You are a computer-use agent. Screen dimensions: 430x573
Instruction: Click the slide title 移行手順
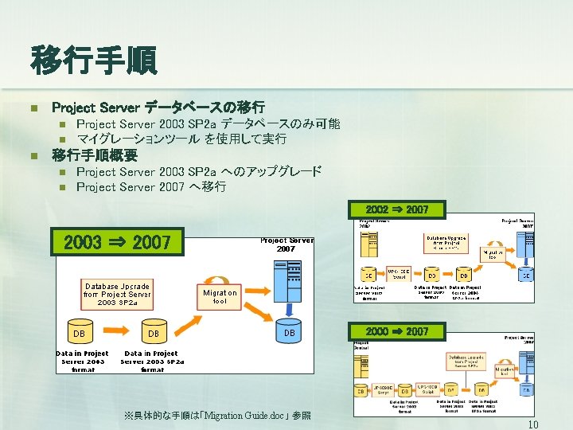point(94,61)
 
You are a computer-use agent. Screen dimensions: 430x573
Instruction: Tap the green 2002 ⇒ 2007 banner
point(397,209)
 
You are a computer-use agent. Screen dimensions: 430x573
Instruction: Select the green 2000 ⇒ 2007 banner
point(396,330)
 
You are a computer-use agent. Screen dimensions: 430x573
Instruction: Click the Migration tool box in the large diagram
point(220,296)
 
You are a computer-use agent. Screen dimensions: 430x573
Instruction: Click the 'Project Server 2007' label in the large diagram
point(286,244)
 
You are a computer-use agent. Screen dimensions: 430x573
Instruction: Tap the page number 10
point(533,424)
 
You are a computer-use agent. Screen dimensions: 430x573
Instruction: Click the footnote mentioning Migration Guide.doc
point(217,416)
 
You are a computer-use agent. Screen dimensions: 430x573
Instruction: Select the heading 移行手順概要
point(94,154)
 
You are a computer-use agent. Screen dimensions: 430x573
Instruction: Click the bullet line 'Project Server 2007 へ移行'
point(151,187)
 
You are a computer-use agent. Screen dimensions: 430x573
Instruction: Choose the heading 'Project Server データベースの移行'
point(158,106)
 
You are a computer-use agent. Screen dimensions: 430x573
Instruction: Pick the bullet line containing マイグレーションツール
point(181,139)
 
